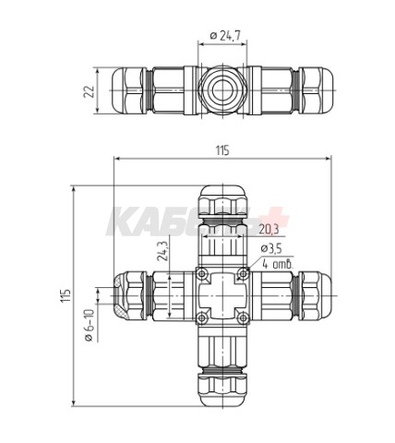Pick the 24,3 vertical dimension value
[x=162, y=251]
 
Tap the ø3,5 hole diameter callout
[x=273, y=248]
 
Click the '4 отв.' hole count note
[x=277, y=265]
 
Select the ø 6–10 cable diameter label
[x=90, y=326]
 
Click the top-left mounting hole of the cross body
[x=202, y=273]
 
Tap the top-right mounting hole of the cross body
[x=242, y=273]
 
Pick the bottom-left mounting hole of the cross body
[x=202, y=318]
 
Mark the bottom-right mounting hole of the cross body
[x=242, y=318]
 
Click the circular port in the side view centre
[x=221, y=90]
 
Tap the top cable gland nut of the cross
[x=221, y=200]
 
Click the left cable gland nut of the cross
[x=128, y=295]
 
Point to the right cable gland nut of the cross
[x=316, y=295]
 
